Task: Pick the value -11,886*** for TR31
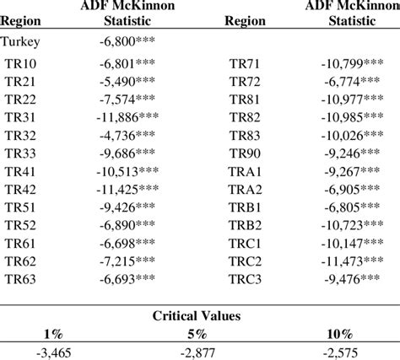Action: point(129,117)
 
